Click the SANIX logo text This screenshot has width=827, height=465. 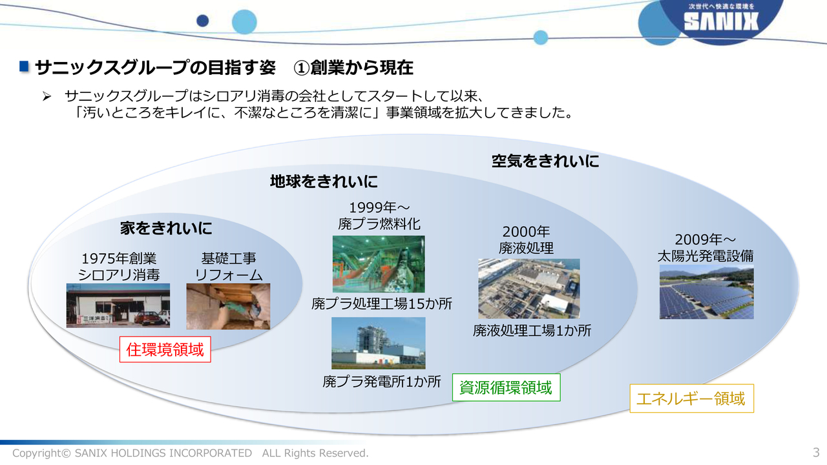[721, 21]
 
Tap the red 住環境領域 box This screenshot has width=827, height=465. [165, 349]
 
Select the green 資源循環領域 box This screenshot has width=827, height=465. [506, 387]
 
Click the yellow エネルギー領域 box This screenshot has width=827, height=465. [691, 398]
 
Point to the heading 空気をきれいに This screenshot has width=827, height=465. [545, 161]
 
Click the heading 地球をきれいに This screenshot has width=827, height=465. [324, 181]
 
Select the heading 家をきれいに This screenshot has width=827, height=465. [166, 229]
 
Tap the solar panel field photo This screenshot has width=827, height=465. [707, 292]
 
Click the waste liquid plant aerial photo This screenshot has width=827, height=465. [529, 289]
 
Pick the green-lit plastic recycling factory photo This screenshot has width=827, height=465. [379, 264]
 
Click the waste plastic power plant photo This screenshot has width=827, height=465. [379, 343]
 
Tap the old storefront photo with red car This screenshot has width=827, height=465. [118, 305]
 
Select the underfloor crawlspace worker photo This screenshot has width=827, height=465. [228, 306]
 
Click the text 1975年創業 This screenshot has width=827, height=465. [119, 259]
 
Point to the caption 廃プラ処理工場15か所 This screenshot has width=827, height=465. [382, 304]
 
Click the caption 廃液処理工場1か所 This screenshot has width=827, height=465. [532, 331]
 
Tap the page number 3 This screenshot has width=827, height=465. [816, 452]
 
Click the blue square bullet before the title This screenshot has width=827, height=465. [24, 67]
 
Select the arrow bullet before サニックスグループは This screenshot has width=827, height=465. [47, 97]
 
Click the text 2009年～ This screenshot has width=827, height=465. [705, 240]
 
